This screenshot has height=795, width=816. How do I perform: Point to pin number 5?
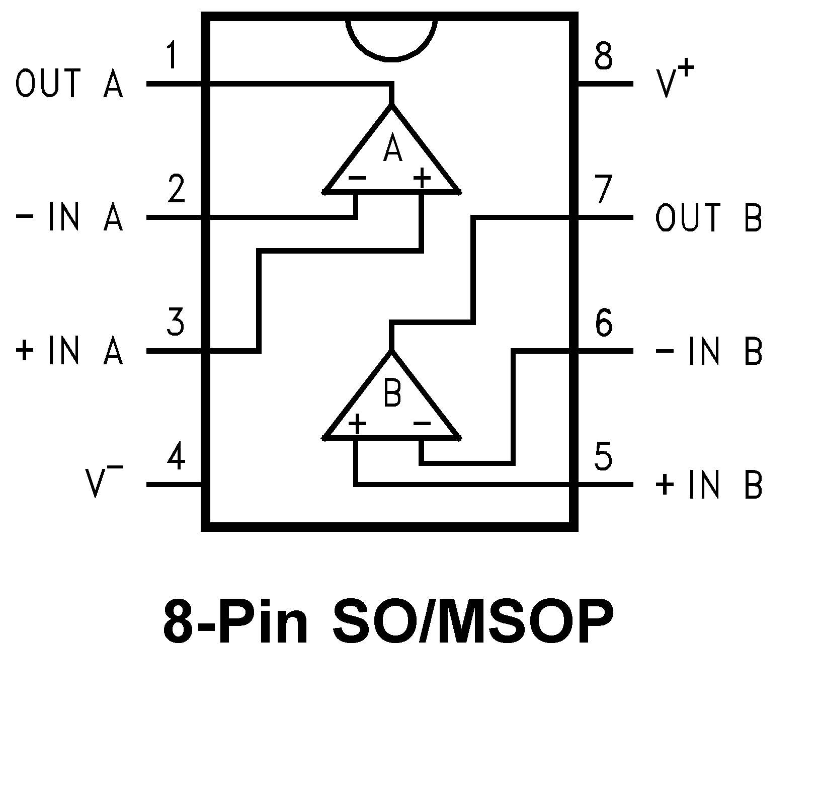click(603, 456)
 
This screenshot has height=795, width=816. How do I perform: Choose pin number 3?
click(176, 323)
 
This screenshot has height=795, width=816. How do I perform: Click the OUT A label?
click(69, 84)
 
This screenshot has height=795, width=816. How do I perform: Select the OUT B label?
click(709, 217)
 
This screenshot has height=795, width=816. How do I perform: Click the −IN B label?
click(709, 351)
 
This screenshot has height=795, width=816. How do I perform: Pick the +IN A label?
click(69, 351)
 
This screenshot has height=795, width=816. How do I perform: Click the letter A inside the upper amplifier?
click(392, 149)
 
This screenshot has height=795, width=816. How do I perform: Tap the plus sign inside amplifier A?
click(422, 178)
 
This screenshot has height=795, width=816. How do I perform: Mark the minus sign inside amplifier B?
click(422, 424)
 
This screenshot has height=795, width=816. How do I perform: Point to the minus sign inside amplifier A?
click(357, 178)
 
